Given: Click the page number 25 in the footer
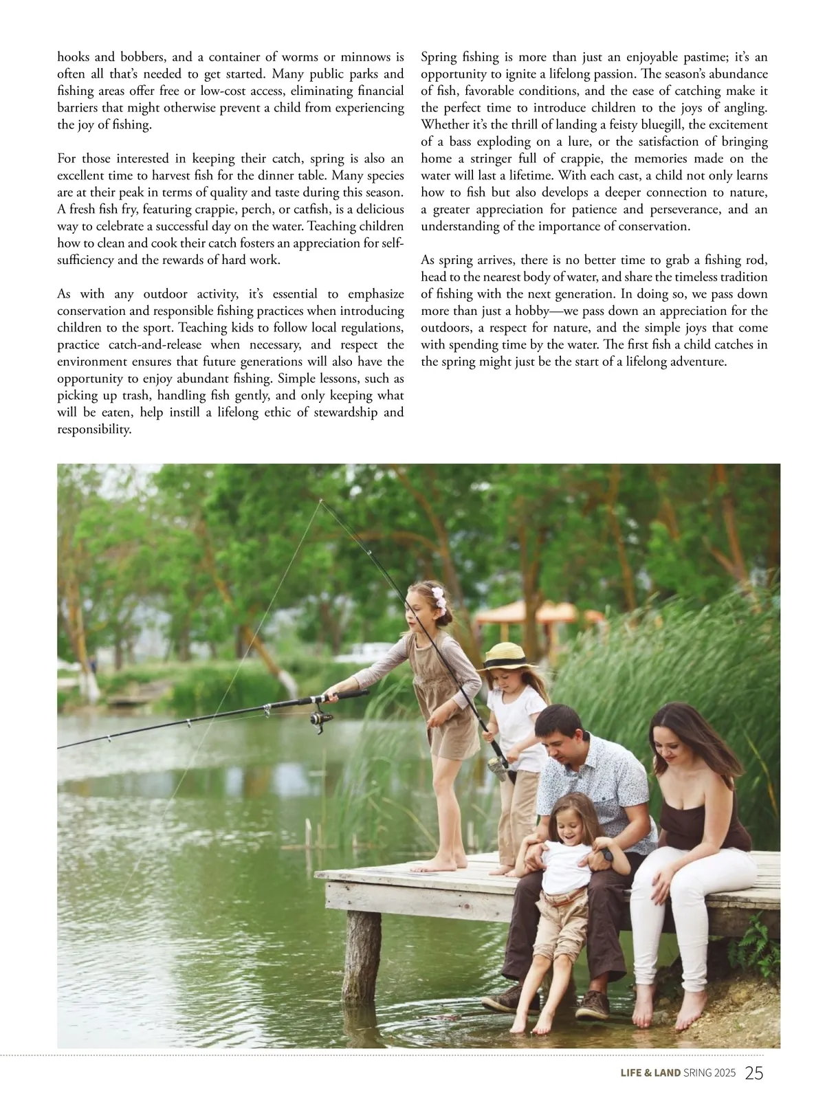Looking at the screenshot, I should coord(754,1073).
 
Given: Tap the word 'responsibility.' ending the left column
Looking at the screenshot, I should coord(94,430).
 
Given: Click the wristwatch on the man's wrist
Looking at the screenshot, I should coord(608,856).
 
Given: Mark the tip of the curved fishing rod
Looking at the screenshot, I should coord(320,500).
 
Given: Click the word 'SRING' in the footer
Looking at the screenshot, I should coord(699,1074).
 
